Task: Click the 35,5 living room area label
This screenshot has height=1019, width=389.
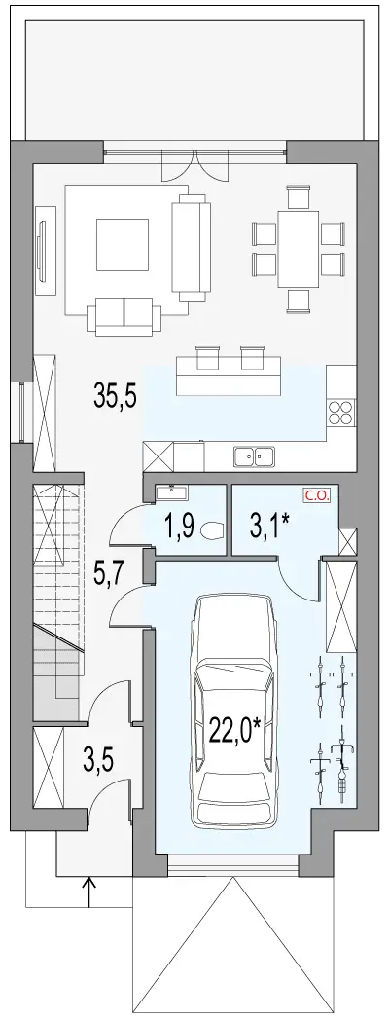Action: point(115,396)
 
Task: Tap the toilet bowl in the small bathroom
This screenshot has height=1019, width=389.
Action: point(212,531)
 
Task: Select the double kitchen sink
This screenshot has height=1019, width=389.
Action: point(255,456)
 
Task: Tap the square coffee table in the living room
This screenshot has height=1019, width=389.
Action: point(123,243)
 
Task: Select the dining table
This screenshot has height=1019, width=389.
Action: point(299,249)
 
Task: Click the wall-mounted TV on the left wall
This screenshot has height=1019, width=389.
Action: point(44,244)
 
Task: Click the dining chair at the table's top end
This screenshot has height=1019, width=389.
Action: point(299,197)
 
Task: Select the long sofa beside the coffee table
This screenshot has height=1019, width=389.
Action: point(191,247)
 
